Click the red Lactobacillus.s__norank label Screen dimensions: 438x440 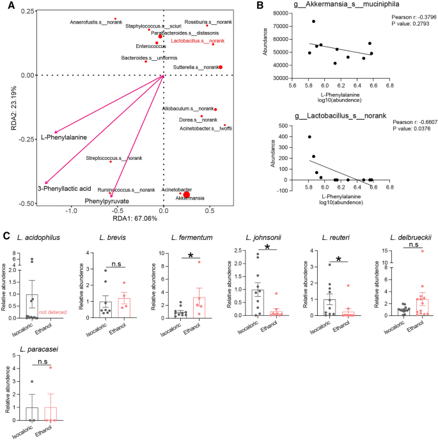[x=198, y=41]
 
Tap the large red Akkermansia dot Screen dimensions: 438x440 [x=187, y=195]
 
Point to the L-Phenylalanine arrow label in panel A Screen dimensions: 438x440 [x=64, y=137]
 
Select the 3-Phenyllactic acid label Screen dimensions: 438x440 [x=65, y=189]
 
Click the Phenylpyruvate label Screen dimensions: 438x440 [x=107, y=201]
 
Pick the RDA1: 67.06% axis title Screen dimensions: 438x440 [x=135, y=218]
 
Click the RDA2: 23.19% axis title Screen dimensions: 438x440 [x=13, y=108]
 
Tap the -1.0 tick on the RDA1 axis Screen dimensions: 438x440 [x=71, y=211]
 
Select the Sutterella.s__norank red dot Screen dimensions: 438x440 [x=221, y=67]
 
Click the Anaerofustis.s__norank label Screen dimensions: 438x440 [x=96, y=22]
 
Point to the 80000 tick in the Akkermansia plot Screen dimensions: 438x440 [x=280, y=13]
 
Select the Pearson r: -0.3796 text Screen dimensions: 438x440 [x=414, y=17]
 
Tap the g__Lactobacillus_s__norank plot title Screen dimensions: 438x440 [x=340, y=116]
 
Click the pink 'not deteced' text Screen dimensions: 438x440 [x=52, y=312]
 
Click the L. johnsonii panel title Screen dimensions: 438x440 [x=263, y=238]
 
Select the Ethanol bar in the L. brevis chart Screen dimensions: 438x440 [x=124, y=308]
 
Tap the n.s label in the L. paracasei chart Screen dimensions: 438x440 [x=43, y=361]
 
